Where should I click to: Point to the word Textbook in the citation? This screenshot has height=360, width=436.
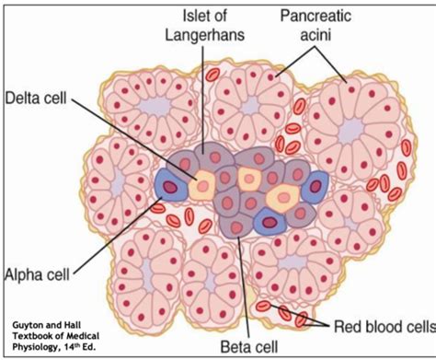tap(33, 335)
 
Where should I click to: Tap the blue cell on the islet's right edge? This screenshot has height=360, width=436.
tap(316, 189)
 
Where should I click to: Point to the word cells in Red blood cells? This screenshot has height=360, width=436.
tap(415, 325)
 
